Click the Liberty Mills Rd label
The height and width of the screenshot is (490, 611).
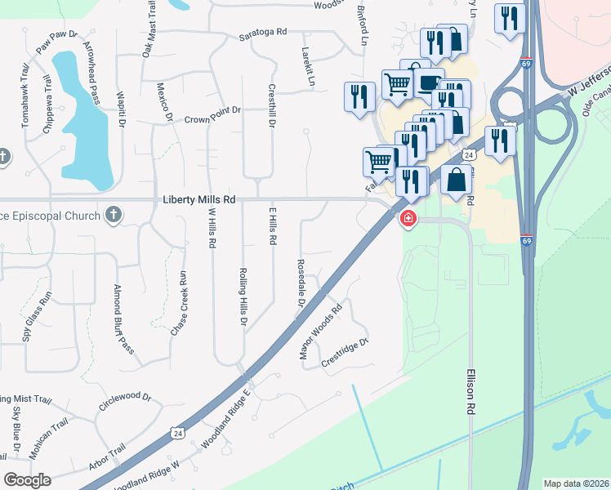point(199,198)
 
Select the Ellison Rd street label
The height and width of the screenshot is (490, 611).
point(471,393)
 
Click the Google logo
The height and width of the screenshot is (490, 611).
point(27,480)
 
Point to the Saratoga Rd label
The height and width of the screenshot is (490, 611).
point(263,31)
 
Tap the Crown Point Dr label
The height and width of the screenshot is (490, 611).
point(214,109)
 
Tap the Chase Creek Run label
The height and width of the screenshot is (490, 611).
point(177,304)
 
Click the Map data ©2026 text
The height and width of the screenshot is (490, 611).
point(576,483)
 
